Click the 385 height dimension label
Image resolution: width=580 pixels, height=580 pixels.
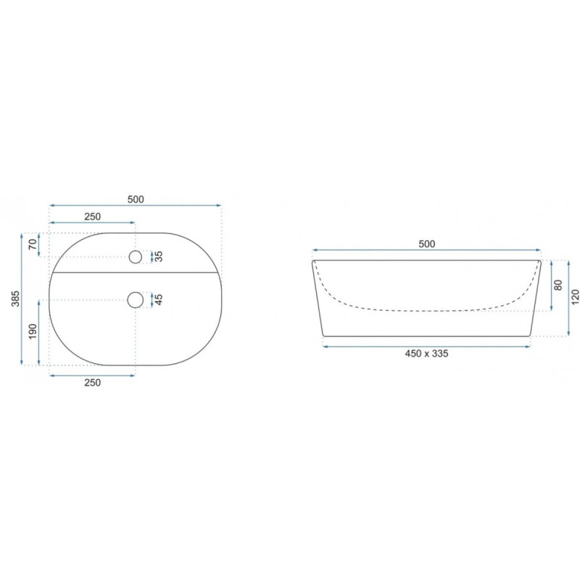15,299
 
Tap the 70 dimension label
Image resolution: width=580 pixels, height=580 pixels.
33,244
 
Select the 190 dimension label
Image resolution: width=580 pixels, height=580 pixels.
33,331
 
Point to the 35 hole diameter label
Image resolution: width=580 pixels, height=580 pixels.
159,257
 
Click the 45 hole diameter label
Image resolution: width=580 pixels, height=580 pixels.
159,299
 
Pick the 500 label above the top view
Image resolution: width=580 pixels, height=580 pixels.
136,199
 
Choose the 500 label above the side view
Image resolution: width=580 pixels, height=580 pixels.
427,244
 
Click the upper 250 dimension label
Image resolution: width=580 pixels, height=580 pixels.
92,216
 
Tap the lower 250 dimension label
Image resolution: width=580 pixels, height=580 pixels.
92,383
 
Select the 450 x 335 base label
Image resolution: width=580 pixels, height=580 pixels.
426,354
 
